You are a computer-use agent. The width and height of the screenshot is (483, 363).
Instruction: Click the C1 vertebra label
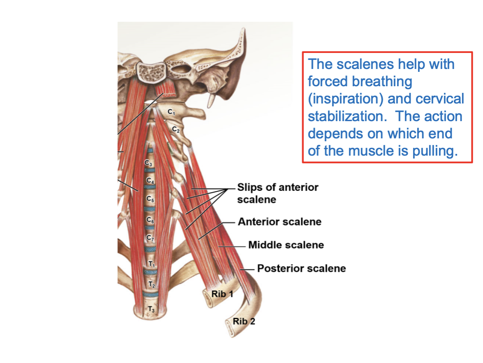tap(171, 112)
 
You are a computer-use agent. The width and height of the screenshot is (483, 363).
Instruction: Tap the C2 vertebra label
tap(176, 130)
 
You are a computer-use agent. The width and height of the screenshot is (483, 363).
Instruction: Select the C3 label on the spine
tap(148, 163)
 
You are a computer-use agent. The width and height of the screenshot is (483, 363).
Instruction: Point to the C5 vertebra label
tap(150, 199)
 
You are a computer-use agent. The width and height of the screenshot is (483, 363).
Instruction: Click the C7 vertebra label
tap(150, 238)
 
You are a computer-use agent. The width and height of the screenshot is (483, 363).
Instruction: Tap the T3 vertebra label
tap(151, 309)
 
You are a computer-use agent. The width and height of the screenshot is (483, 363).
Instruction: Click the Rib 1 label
tap(222, 294)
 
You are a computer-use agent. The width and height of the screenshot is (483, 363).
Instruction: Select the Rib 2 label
tap(244, 321)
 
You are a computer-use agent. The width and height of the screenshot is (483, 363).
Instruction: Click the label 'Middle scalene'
tap(286, 245)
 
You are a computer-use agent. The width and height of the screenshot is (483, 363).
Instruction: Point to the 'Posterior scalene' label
tap(301, 269)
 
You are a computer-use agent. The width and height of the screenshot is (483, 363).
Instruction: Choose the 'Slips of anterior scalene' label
tap(278, 193)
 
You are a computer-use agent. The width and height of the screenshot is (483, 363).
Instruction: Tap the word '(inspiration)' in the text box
tap(345, 99)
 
